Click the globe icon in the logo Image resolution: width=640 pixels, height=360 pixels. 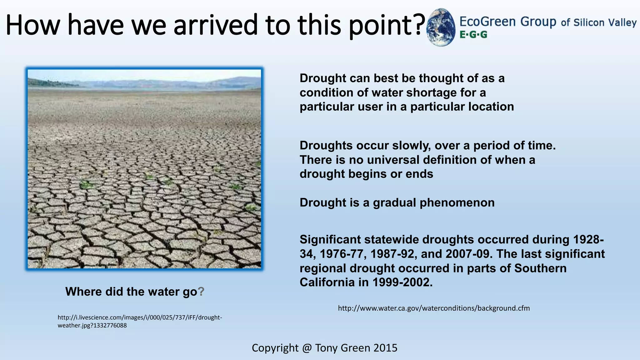click(x=441, y=27)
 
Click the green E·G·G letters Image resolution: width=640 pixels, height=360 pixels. click(x=473, y=35)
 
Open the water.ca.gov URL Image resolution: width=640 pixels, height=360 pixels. click(x=434, y=308)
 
